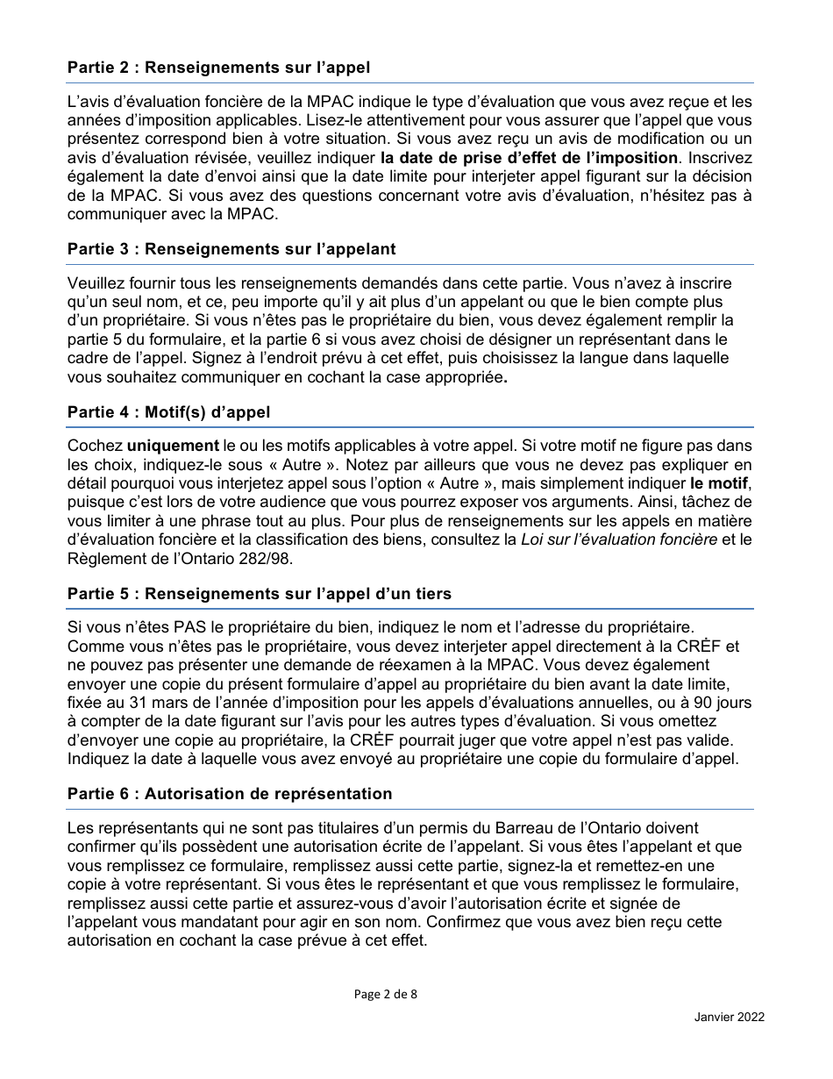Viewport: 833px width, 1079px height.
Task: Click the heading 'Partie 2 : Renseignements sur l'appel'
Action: point(218,68)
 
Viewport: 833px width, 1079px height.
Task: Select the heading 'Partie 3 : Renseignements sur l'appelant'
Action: point(231,249)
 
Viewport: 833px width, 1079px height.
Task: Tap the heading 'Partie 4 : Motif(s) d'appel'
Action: point(168,412)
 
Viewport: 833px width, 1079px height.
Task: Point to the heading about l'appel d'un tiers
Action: point(259,594)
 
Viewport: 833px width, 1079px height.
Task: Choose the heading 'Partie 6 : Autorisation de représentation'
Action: point(230,794)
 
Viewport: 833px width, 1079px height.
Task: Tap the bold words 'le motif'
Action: point(720,483)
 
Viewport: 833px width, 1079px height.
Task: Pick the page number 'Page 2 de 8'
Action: point(386,994)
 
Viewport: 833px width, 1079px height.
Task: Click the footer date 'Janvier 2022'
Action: point(729,1017)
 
